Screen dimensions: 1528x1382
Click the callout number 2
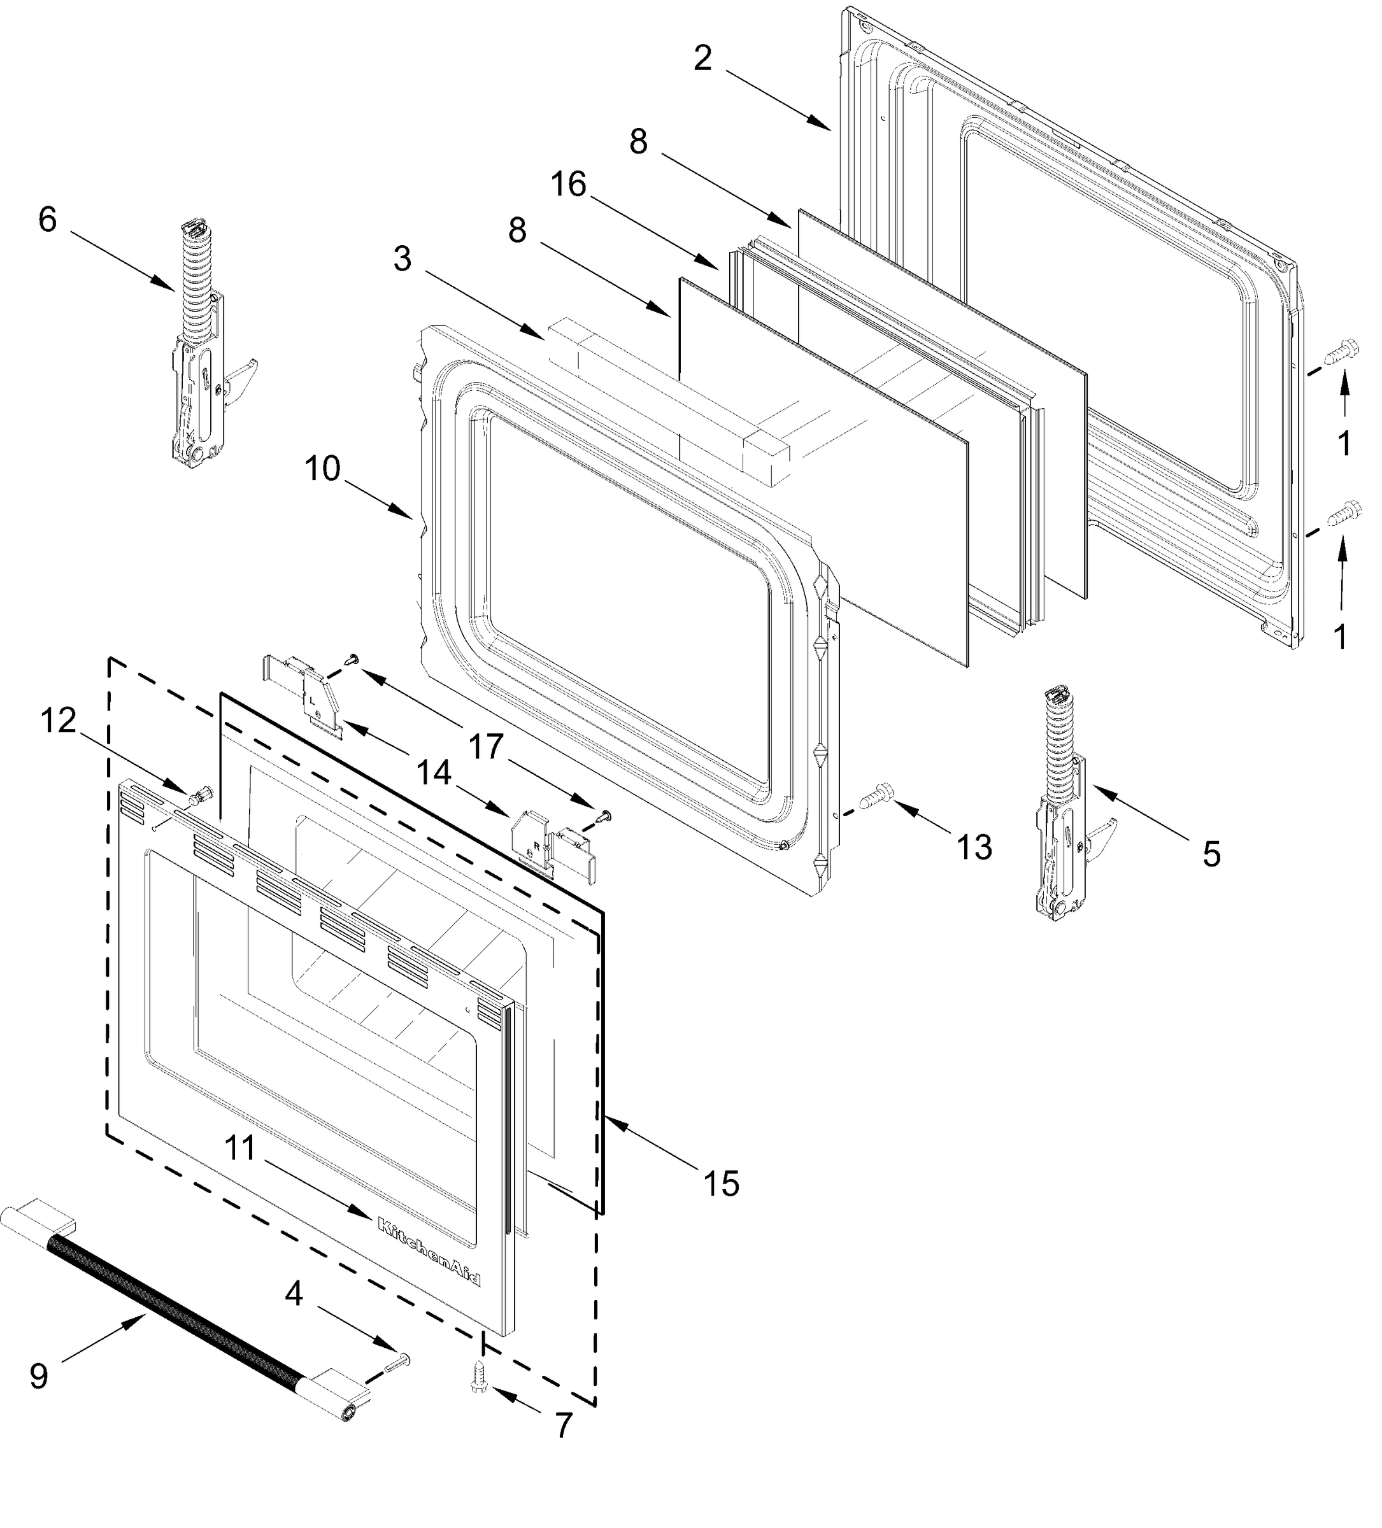point(702,59)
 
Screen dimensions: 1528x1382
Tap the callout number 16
point(569,184)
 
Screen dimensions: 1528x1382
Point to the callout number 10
point(323,469)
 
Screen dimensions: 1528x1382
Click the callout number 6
point(47,220)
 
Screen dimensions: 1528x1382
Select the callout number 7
point(562,1425)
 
